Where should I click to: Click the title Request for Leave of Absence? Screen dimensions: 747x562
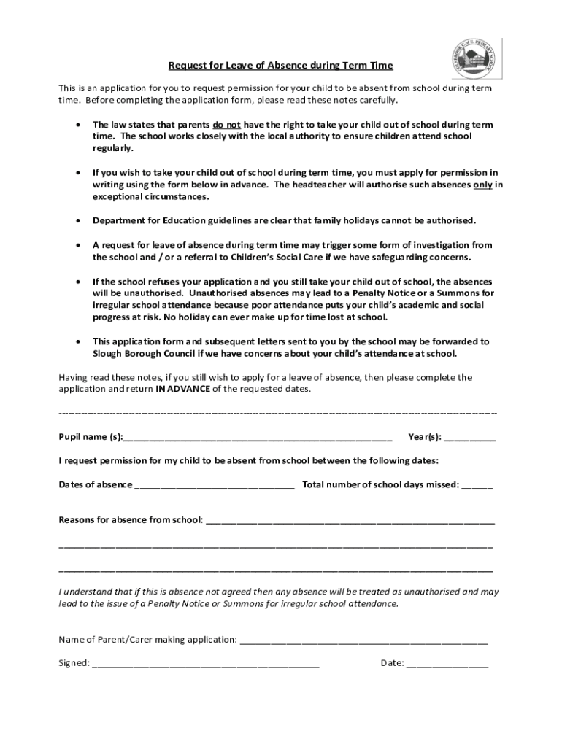point(281,66)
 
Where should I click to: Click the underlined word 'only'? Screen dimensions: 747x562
point(482,185)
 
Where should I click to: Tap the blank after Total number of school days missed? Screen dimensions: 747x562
point(477,485)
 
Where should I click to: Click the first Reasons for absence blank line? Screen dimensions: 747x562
point(350,521)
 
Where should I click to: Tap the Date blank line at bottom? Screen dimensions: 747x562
point(447,664)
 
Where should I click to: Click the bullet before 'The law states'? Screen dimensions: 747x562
point(78,125)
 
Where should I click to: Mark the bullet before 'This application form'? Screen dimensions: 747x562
point(78,341)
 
